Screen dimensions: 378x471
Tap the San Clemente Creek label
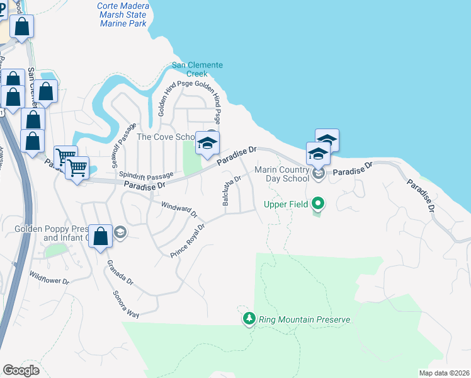pyautogui.click(x=198, y=70)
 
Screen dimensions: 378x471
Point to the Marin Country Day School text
pyautogui.click(x=282, y=174)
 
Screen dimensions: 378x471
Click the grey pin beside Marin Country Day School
pyautogui.click(x=318, y=174)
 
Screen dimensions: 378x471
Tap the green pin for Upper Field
pyautogui.click(x=318, y=203)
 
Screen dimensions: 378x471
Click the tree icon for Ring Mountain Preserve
pyautogui.click(x=249, y=319)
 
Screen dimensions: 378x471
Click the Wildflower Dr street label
pyautogui.click(x=48, y=278)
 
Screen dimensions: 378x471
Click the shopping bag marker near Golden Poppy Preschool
pyautogui.click(x=100, y=237)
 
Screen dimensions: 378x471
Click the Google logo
pyautogui.click(x=21, y=370)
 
